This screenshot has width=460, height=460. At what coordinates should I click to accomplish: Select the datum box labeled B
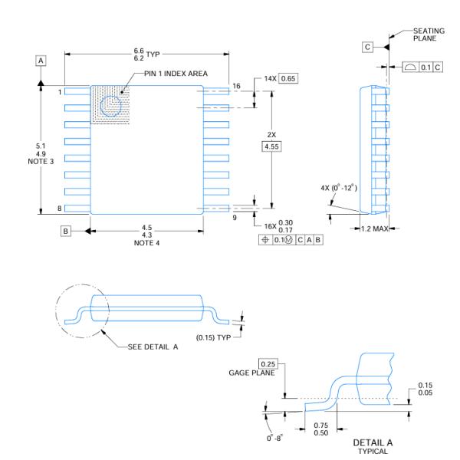point(67,230)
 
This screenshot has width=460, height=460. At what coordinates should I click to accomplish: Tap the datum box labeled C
point(367,48)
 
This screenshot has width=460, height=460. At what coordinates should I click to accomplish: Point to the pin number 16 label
point(236,87)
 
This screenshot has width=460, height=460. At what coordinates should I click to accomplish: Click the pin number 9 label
point(236,217)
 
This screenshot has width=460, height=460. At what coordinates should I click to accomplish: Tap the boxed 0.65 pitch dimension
point(288,79)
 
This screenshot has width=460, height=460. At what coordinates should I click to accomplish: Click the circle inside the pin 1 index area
point(112,108)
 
